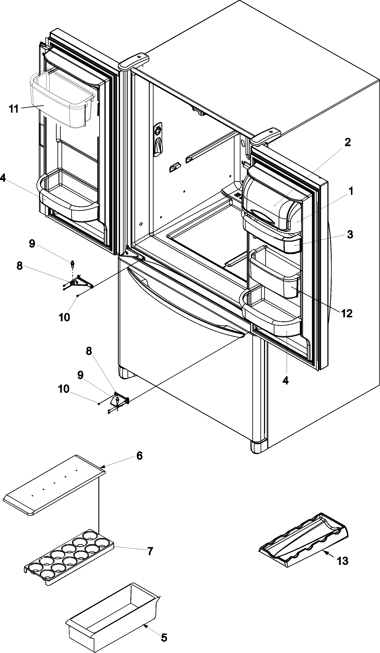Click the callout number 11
click(14, 109)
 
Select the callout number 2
click(347, 142)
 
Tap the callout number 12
click(347, 313)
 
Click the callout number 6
click(139, 456)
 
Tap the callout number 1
click(351, 192)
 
